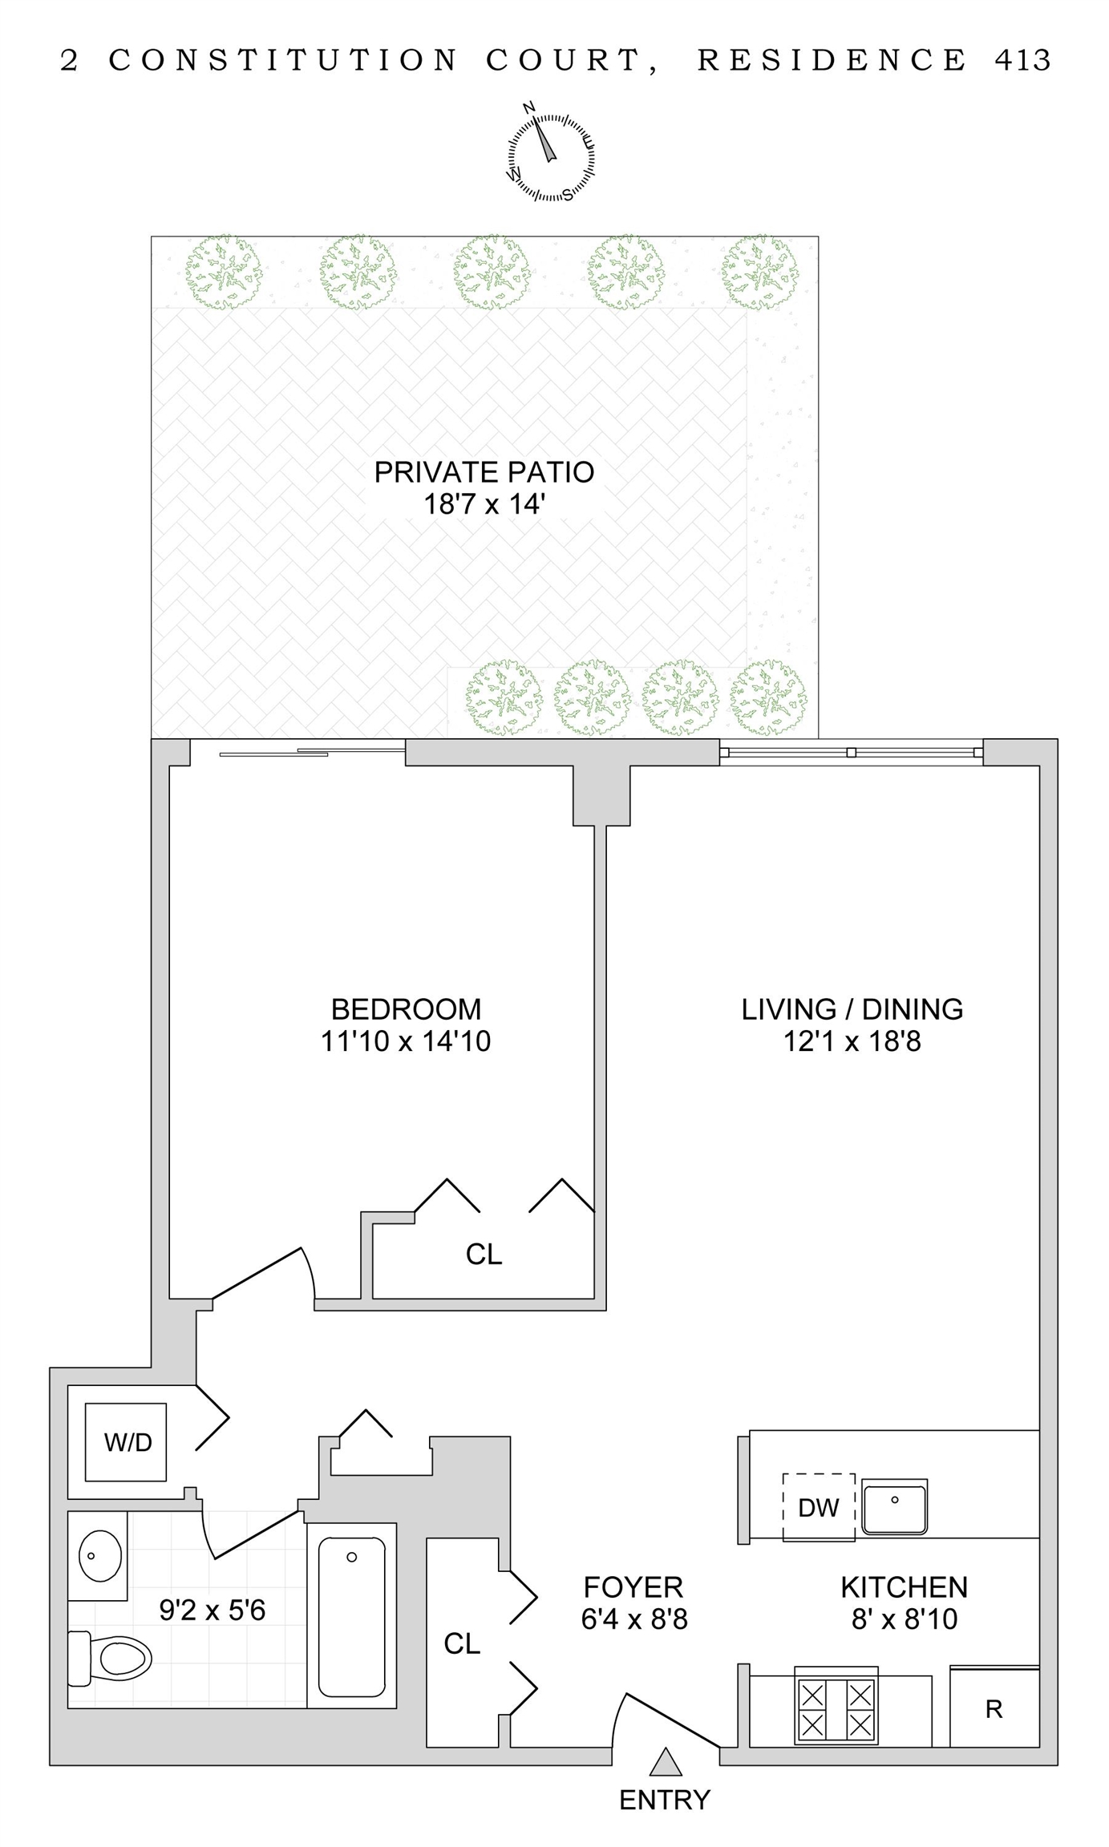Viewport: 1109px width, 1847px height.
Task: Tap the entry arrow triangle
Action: [x=665, y=1761]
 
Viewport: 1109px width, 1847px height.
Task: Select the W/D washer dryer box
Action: [x=126, y=1442]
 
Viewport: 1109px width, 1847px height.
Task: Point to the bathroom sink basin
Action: [x=100, y=1554]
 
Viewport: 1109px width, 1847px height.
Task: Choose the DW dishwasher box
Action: [x=819, y=1507]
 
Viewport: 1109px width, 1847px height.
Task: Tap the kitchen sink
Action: [x=894, y=1507]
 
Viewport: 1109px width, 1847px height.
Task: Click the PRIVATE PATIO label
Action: [x=484, y=472]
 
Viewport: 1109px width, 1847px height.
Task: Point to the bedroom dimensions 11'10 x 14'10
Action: [x=406, y=1041]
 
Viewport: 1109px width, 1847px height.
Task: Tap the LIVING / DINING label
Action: [x=852, y=1009]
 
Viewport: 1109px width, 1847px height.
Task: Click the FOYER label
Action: [x=633, y=1587]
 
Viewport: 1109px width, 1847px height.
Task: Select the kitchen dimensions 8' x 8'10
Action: [x=904, y=1619]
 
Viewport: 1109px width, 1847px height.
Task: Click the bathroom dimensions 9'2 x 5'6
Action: [x=212, y=1610]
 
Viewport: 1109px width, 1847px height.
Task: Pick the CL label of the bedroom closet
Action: [x=484, y=1255]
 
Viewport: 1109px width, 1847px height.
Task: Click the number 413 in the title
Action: [x=1022, y=60]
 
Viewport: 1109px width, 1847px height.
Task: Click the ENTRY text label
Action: [x=665, y=1801]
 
